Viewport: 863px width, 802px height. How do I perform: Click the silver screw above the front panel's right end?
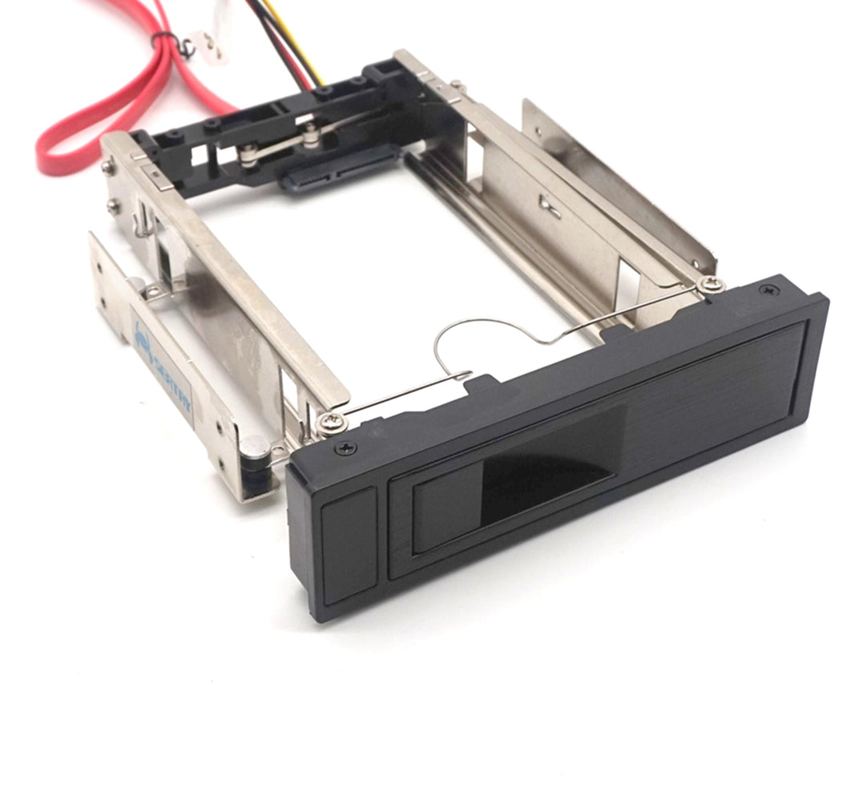[710, 284]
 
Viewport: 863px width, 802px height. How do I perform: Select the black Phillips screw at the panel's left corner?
[345, 448]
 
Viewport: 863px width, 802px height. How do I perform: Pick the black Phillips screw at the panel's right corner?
[768, 290]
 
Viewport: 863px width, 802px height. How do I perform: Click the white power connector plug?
[210, 44]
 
